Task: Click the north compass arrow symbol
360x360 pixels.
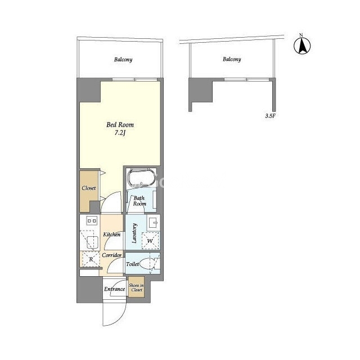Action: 302,46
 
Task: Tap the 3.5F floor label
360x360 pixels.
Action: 270,116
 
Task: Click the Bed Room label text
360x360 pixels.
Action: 120,125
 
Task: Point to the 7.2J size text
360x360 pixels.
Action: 120,133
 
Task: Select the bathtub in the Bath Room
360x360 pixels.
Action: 141,178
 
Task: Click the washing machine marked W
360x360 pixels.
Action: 150,241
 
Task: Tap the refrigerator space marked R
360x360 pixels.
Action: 91,259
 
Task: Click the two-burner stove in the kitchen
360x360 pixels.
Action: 92,221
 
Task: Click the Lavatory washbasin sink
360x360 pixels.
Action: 154,222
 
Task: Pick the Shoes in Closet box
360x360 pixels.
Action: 136,287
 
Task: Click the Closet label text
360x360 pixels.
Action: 89,188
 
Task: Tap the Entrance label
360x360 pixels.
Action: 115,289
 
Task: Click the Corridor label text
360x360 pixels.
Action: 112,255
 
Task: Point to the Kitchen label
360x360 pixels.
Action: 112,235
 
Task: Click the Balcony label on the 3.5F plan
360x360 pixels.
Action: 232,59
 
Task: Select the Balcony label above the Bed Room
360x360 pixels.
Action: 123,60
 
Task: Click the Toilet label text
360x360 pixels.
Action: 133,264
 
